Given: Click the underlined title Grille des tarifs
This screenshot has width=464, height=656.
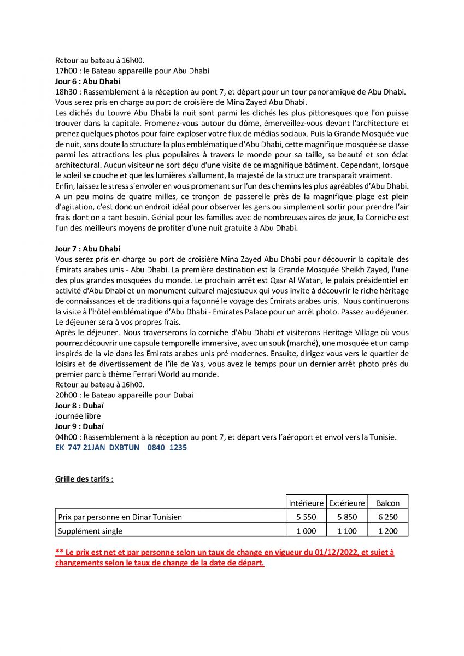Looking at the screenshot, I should tap(84, 479).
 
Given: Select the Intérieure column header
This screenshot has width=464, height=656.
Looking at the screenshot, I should tap(306, 503).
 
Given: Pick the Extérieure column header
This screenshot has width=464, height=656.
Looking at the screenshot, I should tap(347, 503).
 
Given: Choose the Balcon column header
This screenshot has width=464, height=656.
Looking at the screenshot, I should tap(388, 503).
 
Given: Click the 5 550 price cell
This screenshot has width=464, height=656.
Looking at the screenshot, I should tap(306, 517).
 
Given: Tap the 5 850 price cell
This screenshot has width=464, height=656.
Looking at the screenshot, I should tap(347, 517).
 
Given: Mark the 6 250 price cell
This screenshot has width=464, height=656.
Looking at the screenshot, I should tap(388, 517).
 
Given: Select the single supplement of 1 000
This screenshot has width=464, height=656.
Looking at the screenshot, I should tap(306, 531).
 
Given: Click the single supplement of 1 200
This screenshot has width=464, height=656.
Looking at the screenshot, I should tap(388, 531).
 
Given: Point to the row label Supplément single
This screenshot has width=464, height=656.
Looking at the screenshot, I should tap(90, 531).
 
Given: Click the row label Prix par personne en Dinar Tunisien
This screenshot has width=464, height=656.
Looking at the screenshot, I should tap(120, 517).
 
